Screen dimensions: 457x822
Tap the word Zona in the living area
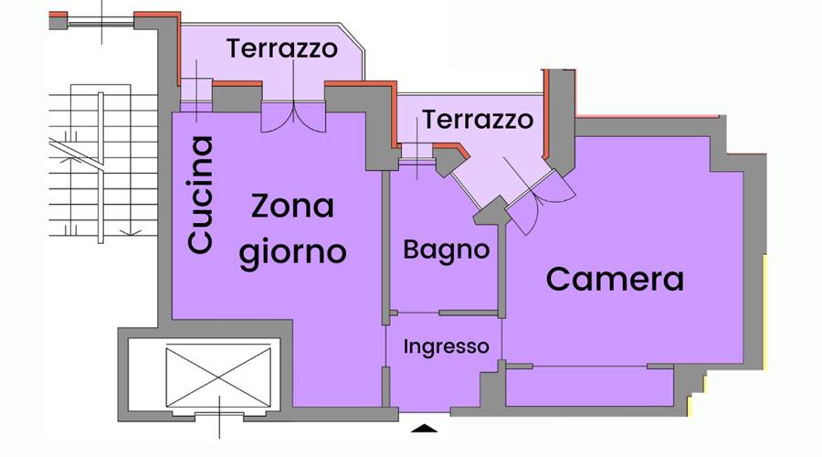point(292,207)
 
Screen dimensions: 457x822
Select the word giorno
point(292,250)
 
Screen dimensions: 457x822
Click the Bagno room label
point(446,249)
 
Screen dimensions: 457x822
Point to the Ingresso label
point(446,347)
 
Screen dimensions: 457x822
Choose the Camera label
point(614,279)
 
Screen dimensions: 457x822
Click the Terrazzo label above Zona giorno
point(281,48)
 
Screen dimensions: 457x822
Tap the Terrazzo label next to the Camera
point(477,120)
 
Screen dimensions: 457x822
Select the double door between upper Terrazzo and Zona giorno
point(291,116)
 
